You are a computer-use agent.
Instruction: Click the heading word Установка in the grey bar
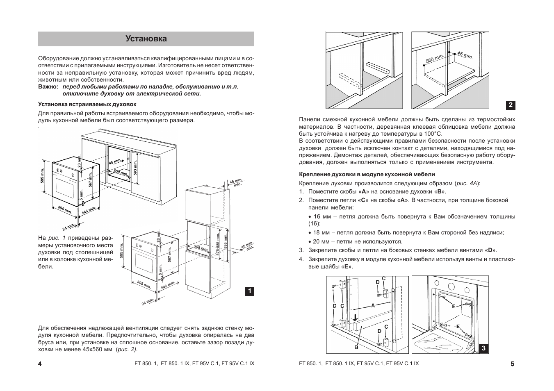(x=146, y=39)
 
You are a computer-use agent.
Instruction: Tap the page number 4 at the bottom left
(x=40, y=364)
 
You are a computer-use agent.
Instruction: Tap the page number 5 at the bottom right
(x=513, y=364)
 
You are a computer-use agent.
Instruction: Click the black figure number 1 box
(x=250, y=291)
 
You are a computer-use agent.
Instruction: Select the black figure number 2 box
(x=511, y=105)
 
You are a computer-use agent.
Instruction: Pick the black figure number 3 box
(x=484, y=348)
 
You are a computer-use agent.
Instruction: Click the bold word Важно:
(x=48, y=87)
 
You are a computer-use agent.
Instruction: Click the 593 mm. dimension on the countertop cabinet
(x=136, y=167)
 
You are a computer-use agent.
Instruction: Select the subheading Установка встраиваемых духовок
(x=87, y=104)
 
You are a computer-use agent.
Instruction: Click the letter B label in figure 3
(x=356, y=347)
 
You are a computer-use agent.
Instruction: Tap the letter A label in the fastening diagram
(x=373, y=305)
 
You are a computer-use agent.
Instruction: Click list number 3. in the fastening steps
(x=301, y=250)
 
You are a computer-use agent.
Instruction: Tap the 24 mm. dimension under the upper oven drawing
(x=68, y=227)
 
